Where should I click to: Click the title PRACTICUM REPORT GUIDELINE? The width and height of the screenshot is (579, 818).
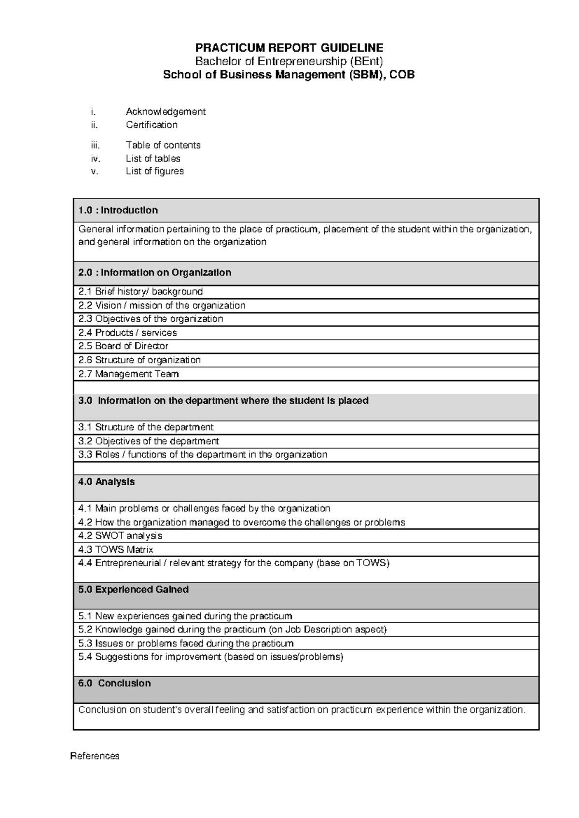point(289,48)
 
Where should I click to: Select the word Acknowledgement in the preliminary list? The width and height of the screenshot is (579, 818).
point(165,111)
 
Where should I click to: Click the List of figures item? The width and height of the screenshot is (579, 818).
point(154,171)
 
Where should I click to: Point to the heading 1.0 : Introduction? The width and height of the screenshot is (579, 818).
point(118,210)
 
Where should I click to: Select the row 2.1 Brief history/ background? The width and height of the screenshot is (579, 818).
point(140,291)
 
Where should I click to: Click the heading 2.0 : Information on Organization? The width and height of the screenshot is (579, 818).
point(155,273)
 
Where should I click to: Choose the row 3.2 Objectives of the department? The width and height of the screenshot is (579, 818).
point(149,441)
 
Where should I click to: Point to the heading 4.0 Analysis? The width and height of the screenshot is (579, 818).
point(107,482)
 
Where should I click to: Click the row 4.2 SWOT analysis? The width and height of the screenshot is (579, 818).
point(120,536)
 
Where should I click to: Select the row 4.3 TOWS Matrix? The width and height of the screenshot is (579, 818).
point(116,549)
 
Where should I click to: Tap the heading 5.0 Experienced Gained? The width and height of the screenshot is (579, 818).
point(133,589)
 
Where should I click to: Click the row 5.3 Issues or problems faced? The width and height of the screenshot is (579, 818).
point(186,643)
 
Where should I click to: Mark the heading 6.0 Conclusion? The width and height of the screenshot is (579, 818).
point(114,683)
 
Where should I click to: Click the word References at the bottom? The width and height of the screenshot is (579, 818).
point(95,756)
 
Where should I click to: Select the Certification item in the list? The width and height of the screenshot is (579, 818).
point(152,125)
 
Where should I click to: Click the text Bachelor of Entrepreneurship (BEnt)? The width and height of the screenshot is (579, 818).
point(289,61)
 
